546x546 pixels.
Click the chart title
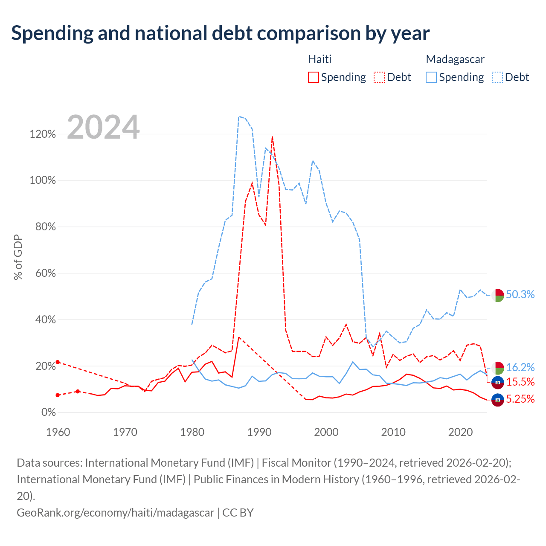[220, 33]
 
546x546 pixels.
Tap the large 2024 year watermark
[103, 127]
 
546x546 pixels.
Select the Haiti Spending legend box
[314, 77]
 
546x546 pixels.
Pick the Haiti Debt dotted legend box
[379, 77]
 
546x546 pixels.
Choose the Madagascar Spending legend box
[431, 77]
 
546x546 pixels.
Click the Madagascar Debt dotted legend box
[497, 77]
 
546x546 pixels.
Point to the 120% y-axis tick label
[43, 134]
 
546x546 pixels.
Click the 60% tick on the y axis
[45, 273]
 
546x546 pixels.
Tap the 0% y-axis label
[49, 412]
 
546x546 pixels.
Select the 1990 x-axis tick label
[259, 432]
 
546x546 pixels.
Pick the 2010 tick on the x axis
[393, 432]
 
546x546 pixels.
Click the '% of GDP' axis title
[18, 257]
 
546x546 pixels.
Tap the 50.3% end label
[520, 294]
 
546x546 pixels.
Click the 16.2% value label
[520, 367]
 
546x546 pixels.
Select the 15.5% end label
[520, 382]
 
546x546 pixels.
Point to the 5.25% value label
[520, 399]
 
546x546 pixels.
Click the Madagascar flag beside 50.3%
[497, 296]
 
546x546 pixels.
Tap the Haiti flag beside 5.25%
[497, 400]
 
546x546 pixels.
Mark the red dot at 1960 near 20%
[58, 362]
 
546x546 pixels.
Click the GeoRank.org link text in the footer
[115, 513]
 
